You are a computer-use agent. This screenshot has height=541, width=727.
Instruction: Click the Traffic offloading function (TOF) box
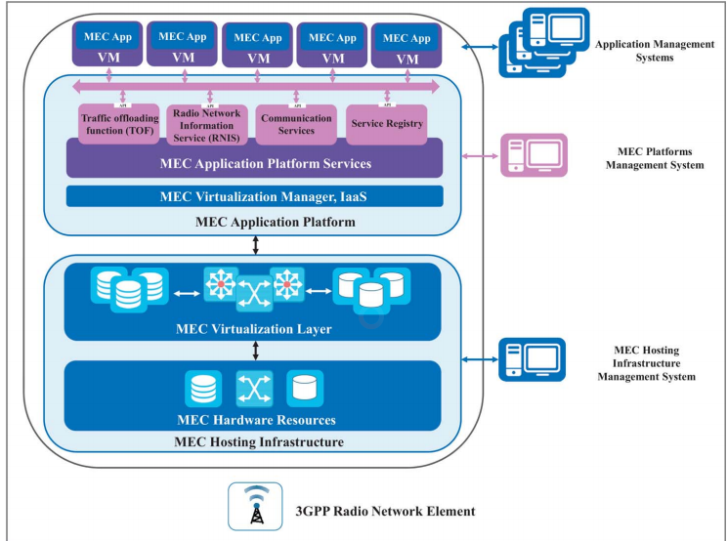[117, 125]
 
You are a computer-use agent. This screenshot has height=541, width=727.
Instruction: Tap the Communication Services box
[295, 124]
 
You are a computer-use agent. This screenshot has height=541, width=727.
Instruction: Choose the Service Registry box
[386, 124]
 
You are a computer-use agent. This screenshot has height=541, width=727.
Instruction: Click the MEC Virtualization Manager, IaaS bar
[254, 196]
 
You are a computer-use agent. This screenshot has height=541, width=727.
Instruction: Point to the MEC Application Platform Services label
[254, 162]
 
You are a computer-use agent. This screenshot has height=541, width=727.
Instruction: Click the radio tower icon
[255, 507]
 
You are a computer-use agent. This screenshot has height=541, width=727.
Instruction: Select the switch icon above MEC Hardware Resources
[253, 389]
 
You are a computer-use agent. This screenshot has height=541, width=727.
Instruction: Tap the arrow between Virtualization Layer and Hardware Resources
[255, 349]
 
